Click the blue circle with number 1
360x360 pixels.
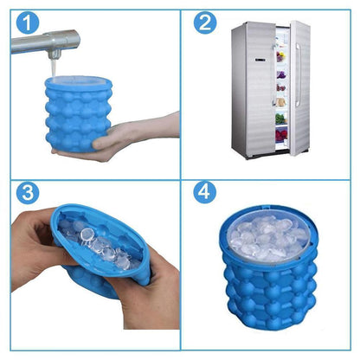point(26,22)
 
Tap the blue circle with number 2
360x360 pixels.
point(204,22)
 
